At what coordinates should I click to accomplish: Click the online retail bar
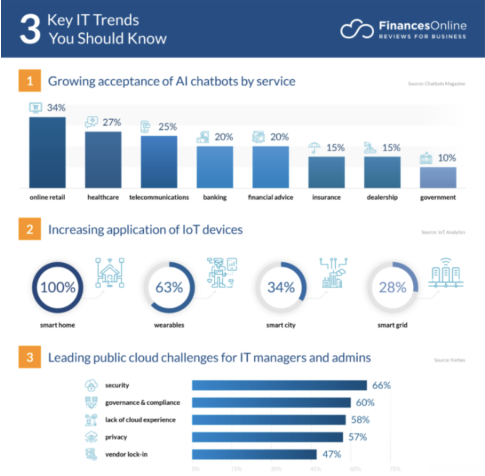click(x=47, y=152)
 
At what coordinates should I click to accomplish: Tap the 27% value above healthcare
click(x=112, y=122)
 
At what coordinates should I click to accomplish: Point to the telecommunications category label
click(x=159, y=197)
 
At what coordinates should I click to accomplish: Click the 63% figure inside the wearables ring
click(x=169, y=287)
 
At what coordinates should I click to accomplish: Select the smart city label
click(x=281, y=325)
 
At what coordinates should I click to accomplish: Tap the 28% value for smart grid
click(x=392, y=287)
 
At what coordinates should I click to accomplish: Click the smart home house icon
click(x=109, y=273)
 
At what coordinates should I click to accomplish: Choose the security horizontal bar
click(x=279, y=385)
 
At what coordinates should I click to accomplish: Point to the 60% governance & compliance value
click(x=365, y=403)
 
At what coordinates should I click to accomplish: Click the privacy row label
click(x=116, y=437)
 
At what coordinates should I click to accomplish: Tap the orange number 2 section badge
click(x=30, y=230)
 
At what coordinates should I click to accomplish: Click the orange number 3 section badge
click(x=30, y=357)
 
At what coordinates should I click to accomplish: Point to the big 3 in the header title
click(x=30, y=29)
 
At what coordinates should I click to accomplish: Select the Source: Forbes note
click(x=449, y=360)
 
